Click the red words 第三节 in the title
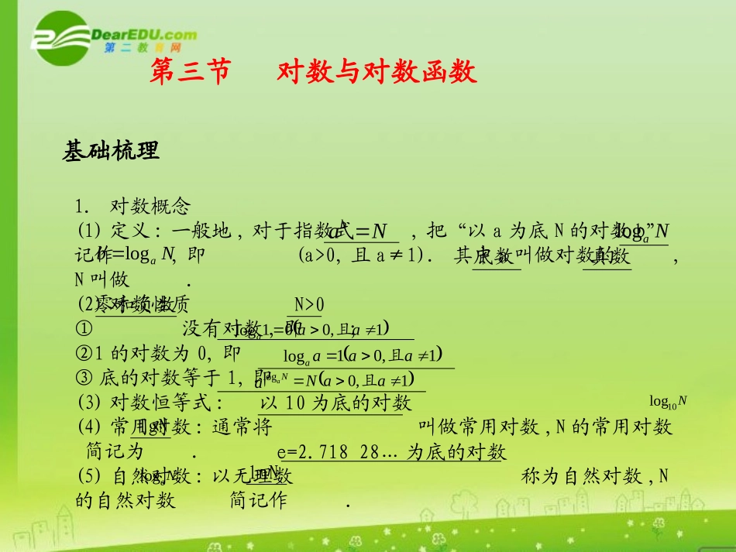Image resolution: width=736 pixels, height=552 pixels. (x=190, y=72)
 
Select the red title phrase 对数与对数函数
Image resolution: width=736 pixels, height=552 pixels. (x=377, y=72)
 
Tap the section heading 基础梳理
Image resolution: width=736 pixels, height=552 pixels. (x=111, y=152)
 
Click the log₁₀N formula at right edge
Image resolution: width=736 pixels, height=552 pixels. (x=668, y=401)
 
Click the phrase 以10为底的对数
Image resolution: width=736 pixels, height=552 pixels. (x=335, y=403)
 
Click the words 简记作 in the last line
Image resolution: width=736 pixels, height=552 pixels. (x=259, y=501)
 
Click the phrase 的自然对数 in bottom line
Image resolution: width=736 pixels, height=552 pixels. (x=126, y=501)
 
